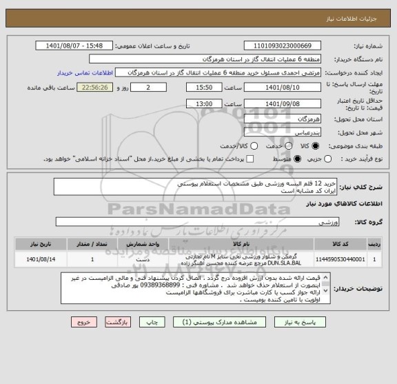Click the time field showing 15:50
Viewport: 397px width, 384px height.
click(203, 88)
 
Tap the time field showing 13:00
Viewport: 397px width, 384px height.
click(203, 103)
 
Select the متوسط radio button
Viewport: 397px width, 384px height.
click(298, 159)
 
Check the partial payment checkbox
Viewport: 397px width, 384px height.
click(250, 159)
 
